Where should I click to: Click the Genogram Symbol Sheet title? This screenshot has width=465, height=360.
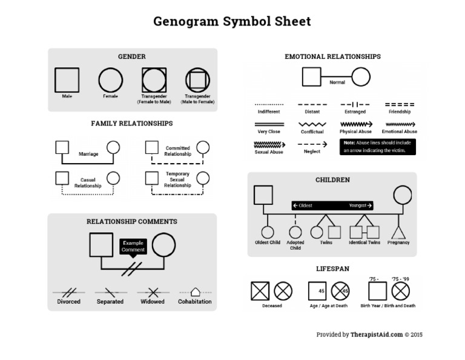coord(232,22)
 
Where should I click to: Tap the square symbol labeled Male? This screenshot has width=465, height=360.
coord(67,80)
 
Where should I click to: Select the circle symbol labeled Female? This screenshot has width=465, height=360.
coord(110,80)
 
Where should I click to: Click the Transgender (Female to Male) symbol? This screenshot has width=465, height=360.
coord(154,80)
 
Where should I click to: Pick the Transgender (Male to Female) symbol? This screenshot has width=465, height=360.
coord(197,80)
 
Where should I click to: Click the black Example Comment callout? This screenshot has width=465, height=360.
coord(133,246)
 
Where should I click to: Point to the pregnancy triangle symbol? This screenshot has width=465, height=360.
coord(398,232)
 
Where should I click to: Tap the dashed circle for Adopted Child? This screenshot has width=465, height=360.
coord(295,232)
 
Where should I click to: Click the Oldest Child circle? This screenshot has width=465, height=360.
coord(267,232)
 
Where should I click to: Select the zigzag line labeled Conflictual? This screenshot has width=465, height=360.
coord(312,124)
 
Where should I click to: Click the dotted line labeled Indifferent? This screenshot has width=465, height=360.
coord(269,104)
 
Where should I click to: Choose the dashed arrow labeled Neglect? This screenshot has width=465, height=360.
coord(312,144)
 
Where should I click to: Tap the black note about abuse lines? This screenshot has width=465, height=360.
coord(377,147)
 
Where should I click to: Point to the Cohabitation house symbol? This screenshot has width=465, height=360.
coord(195,292)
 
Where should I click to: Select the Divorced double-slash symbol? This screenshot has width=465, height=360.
coord(68,292)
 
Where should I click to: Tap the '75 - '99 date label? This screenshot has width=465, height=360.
coord(400,279)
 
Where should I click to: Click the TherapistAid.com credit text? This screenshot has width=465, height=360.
coord(369,335)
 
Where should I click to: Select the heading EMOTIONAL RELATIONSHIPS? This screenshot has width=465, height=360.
coord(332,56)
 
